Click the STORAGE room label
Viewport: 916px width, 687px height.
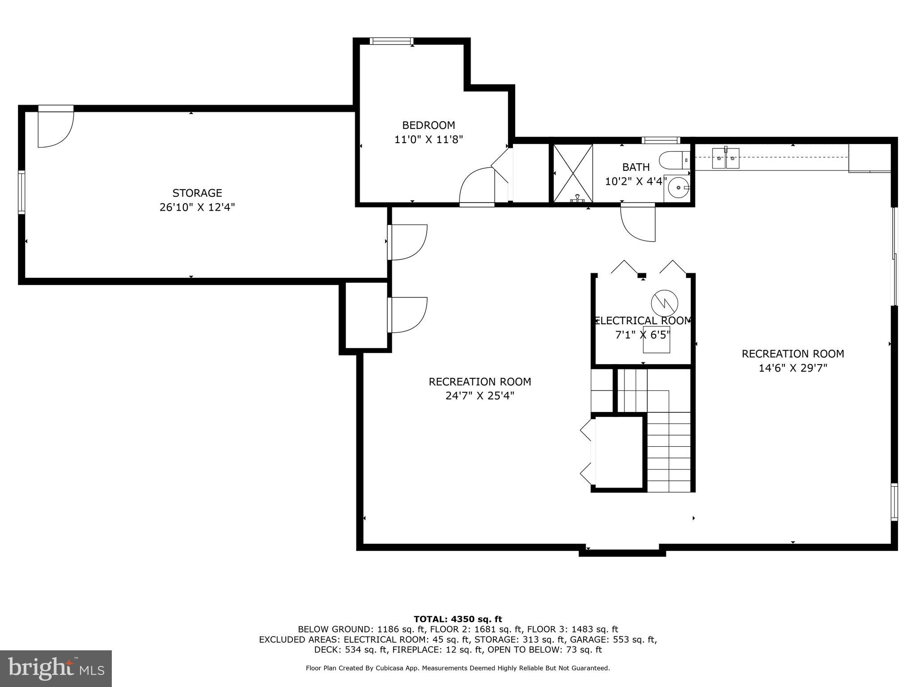coord(197,193)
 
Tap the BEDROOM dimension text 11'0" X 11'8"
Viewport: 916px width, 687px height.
coord(428,140)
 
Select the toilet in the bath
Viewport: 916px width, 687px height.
coord(674,159)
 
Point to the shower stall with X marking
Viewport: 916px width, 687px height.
coord(573,173)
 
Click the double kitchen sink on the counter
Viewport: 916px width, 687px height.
coord(725,158)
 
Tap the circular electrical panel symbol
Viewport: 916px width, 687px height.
coord(664,303)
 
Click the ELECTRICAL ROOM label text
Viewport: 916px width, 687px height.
coord(643,321)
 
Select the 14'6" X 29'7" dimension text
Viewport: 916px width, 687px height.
coord(793,368)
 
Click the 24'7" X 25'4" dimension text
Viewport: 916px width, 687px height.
coord(479,396)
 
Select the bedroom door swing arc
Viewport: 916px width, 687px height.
coord(477,186)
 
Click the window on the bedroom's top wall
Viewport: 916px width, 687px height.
coord(390,41)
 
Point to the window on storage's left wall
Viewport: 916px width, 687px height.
coord(21,192)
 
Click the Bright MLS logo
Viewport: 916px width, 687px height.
coord(56,668)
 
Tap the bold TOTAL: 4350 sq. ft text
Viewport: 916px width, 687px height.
coord(458,619)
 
